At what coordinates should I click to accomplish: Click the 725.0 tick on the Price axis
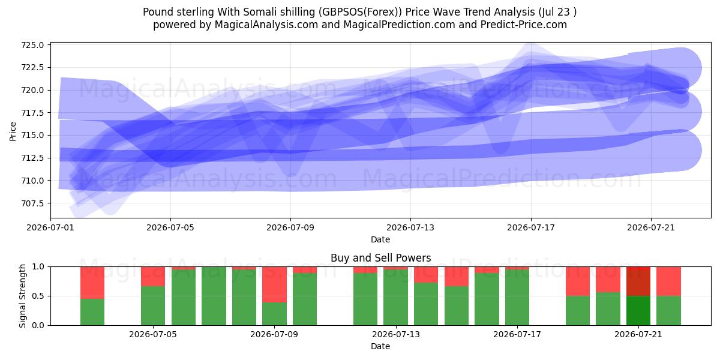click(32, 45)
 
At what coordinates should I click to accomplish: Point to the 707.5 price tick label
click(32, 203)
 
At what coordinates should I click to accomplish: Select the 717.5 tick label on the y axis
click(32, 113)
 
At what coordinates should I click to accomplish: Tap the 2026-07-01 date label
click(50, 227)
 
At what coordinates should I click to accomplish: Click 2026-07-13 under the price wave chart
click(410, 227)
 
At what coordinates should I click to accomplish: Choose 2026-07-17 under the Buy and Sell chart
click(517, 335)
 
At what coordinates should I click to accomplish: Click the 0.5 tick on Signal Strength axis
click(38, 296)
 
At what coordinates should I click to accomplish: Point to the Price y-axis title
click(13, 131)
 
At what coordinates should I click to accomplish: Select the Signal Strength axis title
click(22, 296)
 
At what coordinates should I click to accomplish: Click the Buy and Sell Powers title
click(380, 258)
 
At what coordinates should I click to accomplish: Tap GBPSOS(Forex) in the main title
click(362, 12)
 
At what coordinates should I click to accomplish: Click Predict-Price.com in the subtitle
click(524, 25)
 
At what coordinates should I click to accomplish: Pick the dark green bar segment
click(638, 311)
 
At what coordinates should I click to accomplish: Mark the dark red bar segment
click(638, 281)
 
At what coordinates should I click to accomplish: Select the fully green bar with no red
click(214, 296)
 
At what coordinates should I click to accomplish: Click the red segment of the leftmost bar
click(92, 283)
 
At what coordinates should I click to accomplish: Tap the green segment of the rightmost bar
click(668, 311)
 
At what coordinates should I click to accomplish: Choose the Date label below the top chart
click(380, 239)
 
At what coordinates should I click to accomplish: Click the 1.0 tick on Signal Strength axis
click(38, 266)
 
